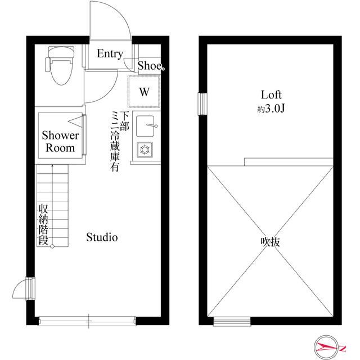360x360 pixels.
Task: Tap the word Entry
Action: [x=110, y=54]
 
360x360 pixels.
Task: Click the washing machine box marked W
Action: [x=144, y=91]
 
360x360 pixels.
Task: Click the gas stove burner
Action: [x=145, y=150]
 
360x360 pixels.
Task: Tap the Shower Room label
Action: [x=60, y=142]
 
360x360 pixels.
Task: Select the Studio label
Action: [x=102, y=237]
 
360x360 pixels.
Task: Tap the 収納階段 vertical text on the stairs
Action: [x=43, y=224]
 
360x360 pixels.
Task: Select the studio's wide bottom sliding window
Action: [x=88, y=322]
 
